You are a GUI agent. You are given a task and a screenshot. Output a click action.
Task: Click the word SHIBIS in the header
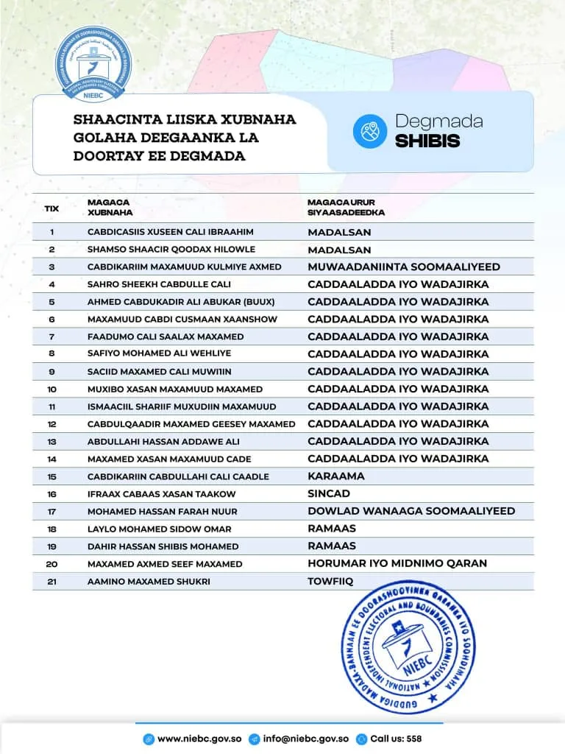tap(427, 141)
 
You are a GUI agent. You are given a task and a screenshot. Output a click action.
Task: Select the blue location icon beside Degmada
tap(370, 131)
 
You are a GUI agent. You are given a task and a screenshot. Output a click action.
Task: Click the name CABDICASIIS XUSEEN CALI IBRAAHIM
tap(170, 232)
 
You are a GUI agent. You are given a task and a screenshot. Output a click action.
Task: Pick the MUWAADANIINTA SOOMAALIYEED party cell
tap(404, 267)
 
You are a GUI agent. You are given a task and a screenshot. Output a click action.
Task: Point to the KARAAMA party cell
tap(336, 476)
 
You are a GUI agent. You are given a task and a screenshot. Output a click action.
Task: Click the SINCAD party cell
tap(329, 493)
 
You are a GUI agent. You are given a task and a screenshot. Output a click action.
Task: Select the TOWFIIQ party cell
tap(330, 581)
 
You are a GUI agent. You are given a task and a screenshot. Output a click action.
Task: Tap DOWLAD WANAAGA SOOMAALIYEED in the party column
tap(411, 511)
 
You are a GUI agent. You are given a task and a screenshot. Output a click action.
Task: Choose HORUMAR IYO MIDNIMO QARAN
tap(397, 563)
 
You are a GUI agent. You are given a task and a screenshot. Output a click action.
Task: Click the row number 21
tap(51, 582)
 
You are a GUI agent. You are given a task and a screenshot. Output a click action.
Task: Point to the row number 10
tap(51, 389)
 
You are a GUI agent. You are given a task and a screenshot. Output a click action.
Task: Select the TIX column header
tap(51, 208)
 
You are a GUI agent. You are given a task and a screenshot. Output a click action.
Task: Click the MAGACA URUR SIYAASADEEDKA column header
tap(346, 207)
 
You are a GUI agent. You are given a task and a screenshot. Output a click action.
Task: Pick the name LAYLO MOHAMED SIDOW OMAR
tap(159, 529)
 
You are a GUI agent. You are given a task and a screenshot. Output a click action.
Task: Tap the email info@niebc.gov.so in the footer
tap(306, 739)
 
